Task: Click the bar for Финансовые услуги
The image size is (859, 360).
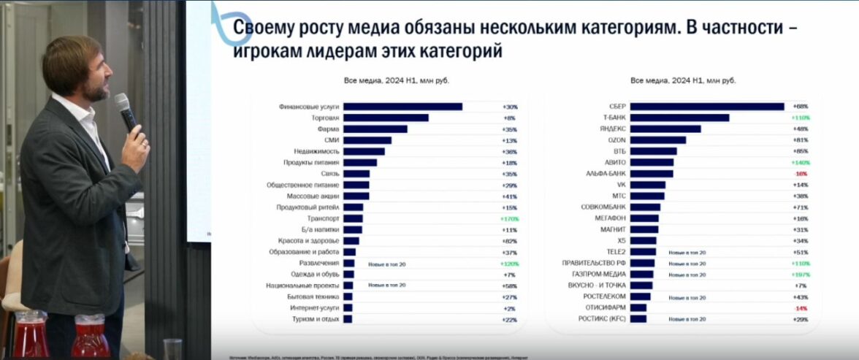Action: point(402,107)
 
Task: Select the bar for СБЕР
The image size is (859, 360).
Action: point(706,107)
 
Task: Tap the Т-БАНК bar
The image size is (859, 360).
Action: point(679,118)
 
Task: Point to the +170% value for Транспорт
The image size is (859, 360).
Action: point(508,218)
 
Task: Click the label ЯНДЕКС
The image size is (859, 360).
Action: point(613,129)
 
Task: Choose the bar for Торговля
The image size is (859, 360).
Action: point(386,118)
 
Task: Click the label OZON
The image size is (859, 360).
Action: point(616,140)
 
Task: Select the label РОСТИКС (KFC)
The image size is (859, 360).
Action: point(602,319)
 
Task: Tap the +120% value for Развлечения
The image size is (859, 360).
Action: point(508,264)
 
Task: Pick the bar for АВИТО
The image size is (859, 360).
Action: point(652,162)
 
